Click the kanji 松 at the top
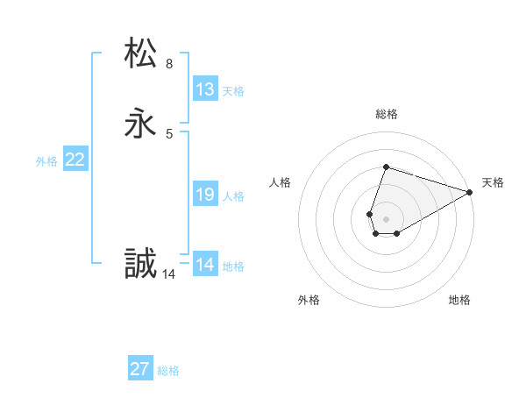pyautogui.click(x=141, y=53)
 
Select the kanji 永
pyautogui.click(x=141, y=124)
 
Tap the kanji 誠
pyautogui.click(x=141, y=264)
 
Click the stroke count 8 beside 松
pyautogui.click(x=169, y=64)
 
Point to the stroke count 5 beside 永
pyautogui.click(x=169, y=134)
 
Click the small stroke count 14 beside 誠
pyautogui.click(x=169, y=274)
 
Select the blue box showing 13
pyautogui.click(x=205, y=89)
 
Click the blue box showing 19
pyautogui.click(x=205, y=194)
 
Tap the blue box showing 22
pyautogui.click(x=75, y=160)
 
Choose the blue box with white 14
pyautogui.click(x=205, y=264)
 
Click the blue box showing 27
pyautogui.click(x=140, y=369)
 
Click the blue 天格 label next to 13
pyautogui.click(x=233, y=91)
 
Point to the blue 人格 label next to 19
pyautogui.click(x=233, y=196)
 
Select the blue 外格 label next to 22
pyautogui.click(x=46, y=161)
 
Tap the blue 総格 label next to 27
pyautogui.click(x=168, y=372)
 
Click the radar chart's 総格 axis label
pyautogui.click(x=387, y=114)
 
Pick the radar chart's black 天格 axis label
pyautogui.click(x=493, y=182)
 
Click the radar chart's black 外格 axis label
pyautogui.click(x=309, y=301)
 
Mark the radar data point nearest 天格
pyautogui.click(x=471, y=192)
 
